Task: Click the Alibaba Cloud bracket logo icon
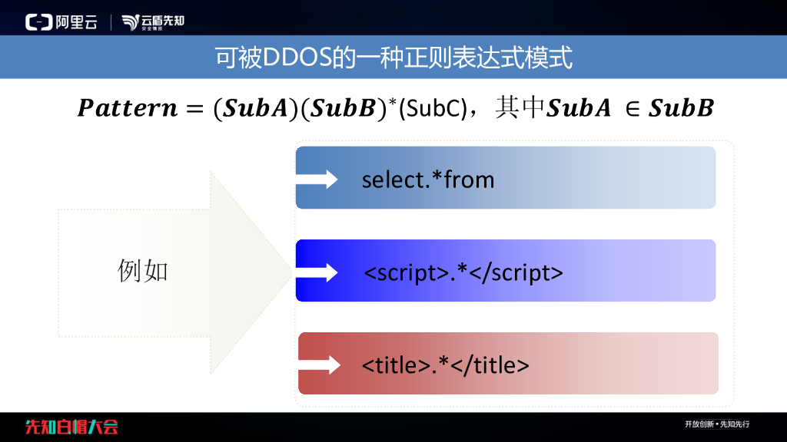coord(39,22)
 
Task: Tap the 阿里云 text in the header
coord(76,22)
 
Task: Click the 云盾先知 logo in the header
coord(153,22)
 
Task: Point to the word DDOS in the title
coord(297,57)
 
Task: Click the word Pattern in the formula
coord(128,108)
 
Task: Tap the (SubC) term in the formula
coord(433,108)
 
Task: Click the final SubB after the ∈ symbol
coord(681,108)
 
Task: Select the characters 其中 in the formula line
coord(520,107)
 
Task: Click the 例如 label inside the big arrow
coord(142,271)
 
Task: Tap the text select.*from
coord(428,180)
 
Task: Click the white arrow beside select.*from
coord(317,179)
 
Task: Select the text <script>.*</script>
coord(463,273)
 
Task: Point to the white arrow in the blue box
coord(317,272)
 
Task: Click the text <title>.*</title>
coord(446,365)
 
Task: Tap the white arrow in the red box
coord(320,364)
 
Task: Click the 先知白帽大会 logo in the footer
coord(71,427)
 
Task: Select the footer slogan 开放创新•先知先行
coord(717,424)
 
